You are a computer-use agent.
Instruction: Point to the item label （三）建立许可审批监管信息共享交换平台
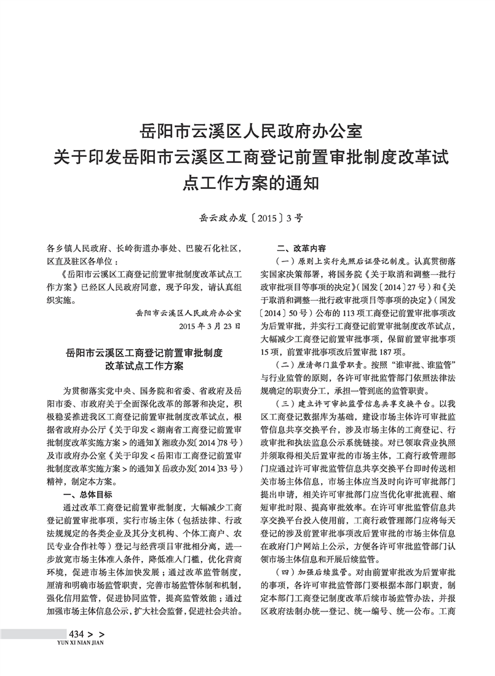[352, 404]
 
